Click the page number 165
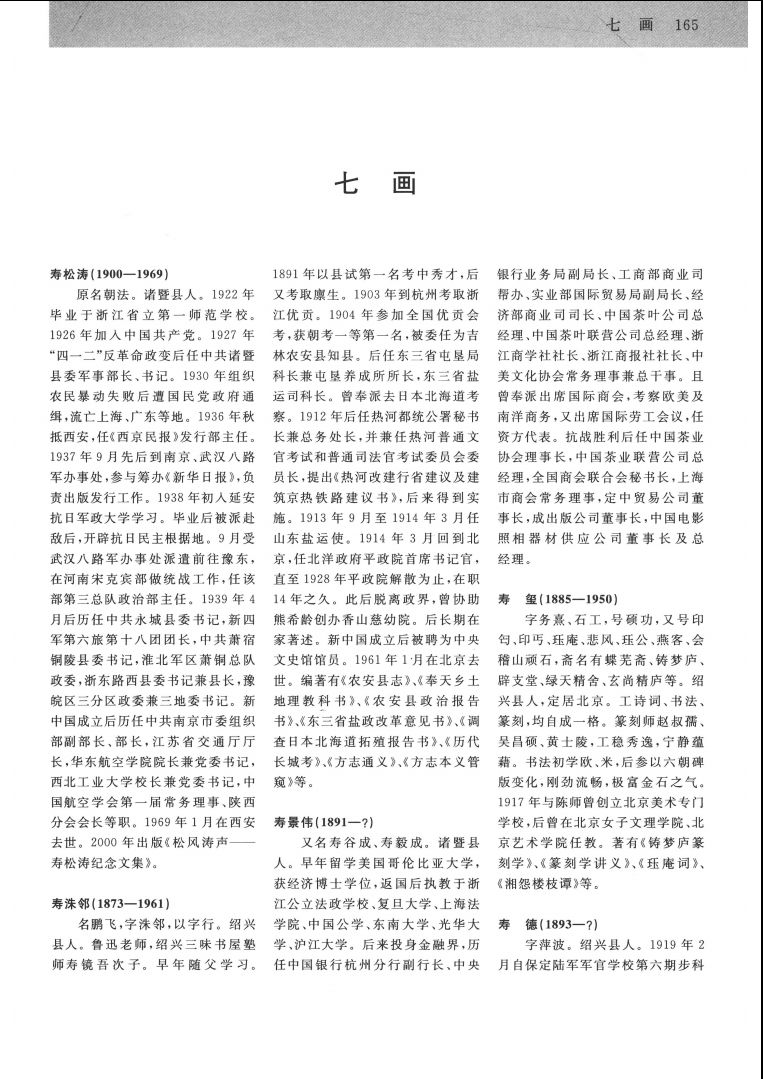coord(685,24)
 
